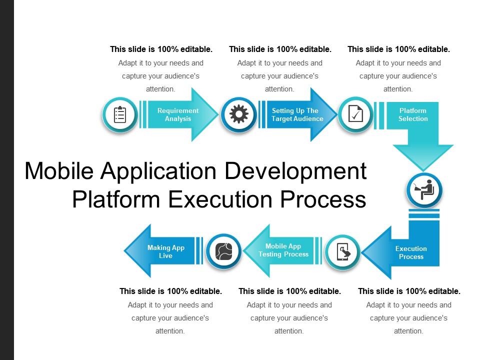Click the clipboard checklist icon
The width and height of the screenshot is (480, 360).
[120, 115]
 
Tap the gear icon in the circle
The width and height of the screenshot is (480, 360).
[239, 114]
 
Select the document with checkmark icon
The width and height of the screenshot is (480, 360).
[355, 114]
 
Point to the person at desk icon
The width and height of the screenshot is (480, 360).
[424, 189]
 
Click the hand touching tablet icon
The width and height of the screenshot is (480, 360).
[343, 252]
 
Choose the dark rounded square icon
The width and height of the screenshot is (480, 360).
[224, 251]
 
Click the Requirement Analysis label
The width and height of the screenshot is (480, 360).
[178, 114]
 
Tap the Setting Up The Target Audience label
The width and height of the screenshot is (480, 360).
[297, 114]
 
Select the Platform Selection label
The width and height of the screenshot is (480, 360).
[413, 114]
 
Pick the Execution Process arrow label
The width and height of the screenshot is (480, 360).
[411, 252]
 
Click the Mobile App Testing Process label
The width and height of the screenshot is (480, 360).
[283, 250]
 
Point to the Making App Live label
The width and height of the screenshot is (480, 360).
[166, 251]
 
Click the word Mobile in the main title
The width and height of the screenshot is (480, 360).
[59, 171]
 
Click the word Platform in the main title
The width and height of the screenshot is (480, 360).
[116, 199]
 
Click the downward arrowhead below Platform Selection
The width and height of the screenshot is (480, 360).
[423, 157]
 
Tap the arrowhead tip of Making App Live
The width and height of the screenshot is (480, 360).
[125, 250]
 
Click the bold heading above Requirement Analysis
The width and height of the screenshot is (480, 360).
[161, 49]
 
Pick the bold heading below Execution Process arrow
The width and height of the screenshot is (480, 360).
[409, 291]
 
